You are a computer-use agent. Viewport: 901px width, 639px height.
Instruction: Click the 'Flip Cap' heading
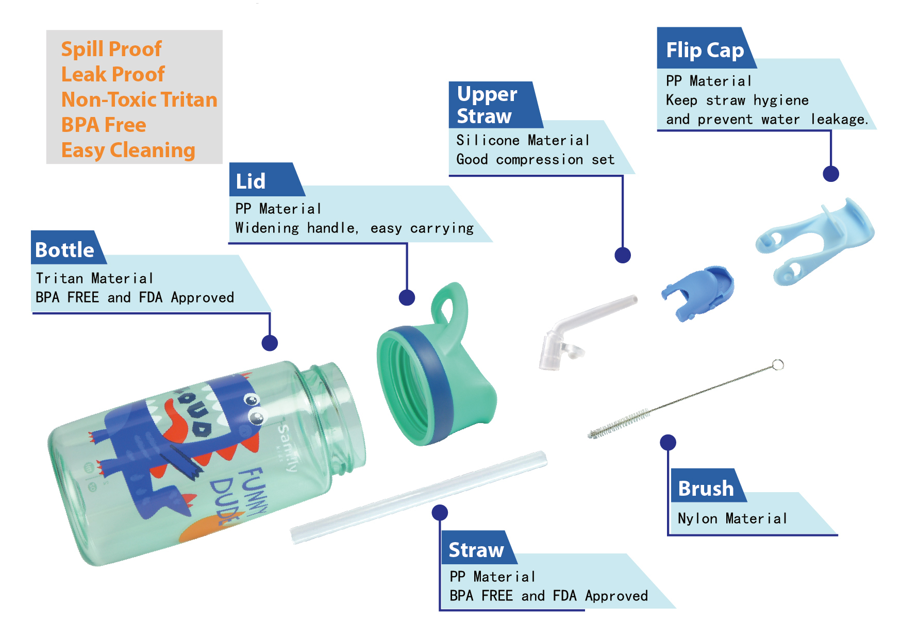tap(704, 50)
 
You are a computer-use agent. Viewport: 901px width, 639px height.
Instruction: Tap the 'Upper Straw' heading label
tap(486, 105)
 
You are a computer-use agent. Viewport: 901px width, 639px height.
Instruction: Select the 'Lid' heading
tap(251, 181)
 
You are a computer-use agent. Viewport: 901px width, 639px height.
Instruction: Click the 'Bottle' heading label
tap(64, 250)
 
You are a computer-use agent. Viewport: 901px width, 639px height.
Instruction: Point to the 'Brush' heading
tap(706, 489)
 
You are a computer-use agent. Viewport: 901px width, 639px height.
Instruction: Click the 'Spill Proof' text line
tap(111, 49)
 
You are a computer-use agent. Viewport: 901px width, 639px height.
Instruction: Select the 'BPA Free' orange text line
tap(104, 125)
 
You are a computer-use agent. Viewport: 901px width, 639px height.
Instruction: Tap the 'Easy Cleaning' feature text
tap(128, 150)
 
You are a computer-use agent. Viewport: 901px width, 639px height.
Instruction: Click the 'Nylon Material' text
tap(732, 518)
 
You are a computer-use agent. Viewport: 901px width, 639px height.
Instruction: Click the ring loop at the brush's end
tap(778, 365)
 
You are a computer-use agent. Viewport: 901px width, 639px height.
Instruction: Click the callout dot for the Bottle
tap(270, 343)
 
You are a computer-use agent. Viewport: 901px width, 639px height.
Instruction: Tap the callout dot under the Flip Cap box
tap(830, 174)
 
